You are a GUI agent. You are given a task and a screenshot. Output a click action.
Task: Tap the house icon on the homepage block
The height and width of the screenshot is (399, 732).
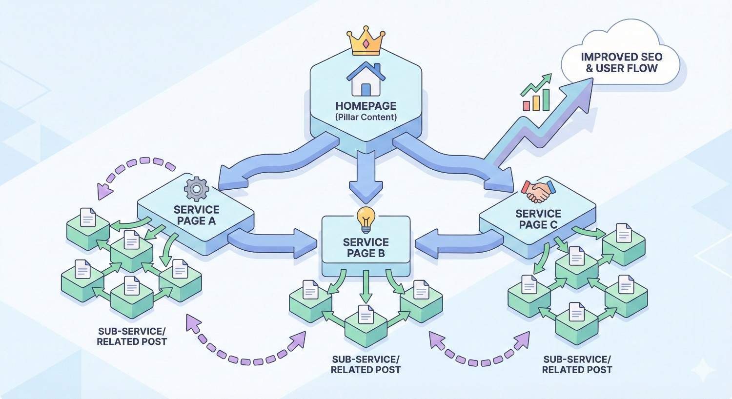tap(366, 79)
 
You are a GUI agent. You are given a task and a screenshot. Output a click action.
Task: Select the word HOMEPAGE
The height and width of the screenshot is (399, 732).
tap(366, 106)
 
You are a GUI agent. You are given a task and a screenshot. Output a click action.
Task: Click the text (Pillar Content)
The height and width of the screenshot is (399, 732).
tap(366, 117)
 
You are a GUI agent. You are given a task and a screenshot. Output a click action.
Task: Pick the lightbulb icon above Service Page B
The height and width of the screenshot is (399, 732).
tap(366, 219)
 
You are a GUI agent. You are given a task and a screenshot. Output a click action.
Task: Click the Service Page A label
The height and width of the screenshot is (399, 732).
tap(196, 215)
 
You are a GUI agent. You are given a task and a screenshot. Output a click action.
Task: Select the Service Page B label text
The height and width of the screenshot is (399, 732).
tap(366, 247)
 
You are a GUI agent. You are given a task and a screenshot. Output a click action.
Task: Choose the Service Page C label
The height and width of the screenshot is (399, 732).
tap(538, 219)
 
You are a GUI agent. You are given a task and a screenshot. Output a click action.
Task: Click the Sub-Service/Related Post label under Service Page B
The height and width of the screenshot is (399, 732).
tap(366, 364)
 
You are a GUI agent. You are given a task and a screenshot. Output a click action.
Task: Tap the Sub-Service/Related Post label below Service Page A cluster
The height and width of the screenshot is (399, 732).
tap(132, 336)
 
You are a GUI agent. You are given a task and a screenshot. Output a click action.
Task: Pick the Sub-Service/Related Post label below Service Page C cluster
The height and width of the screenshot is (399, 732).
tap(577, 364)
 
